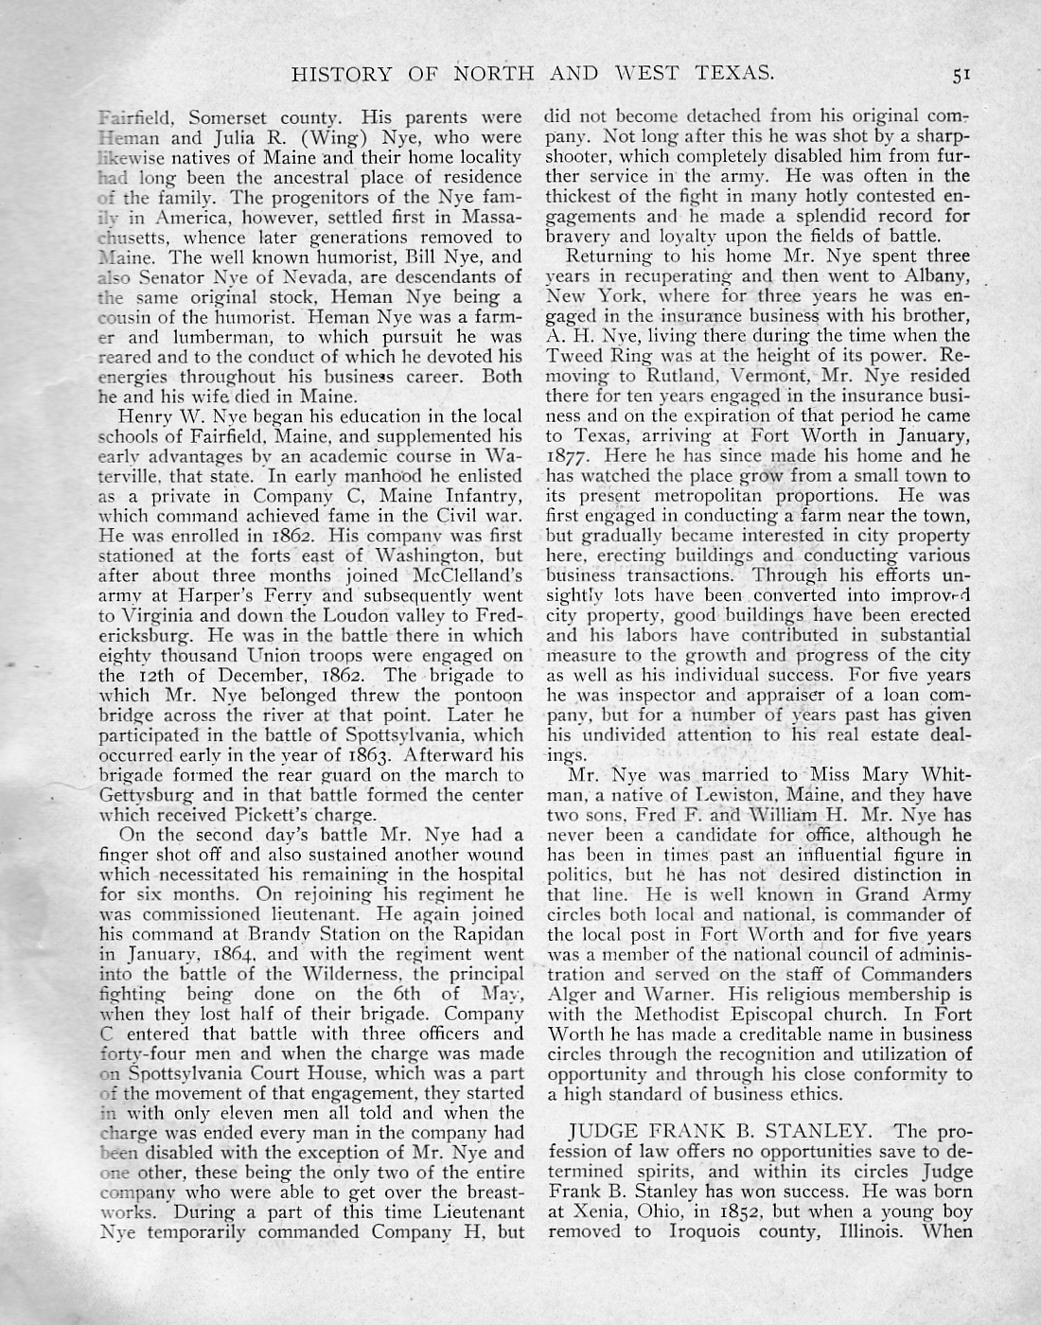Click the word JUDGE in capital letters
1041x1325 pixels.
(605, 1132)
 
